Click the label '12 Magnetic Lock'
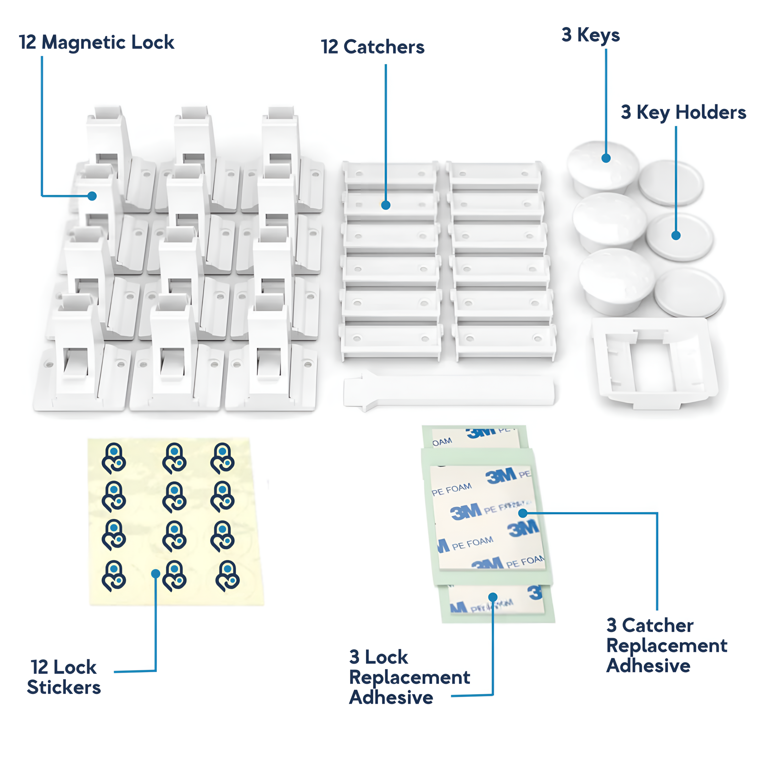96,42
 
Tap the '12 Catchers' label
373,47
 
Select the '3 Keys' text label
591,35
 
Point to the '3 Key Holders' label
683,112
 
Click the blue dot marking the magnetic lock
92,196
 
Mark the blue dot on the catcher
385,205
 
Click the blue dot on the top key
606,158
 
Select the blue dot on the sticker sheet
156,574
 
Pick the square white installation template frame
655,362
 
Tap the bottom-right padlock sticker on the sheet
228,576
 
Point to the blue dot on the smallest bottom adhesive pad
493,597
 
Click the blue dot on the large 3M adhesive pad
523,513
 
